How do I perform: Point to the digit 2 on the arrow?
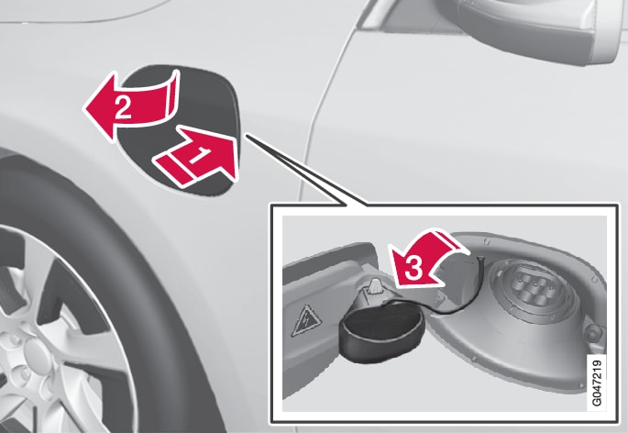click(123, 108)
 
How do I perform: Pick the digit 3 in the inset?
click(413, 268)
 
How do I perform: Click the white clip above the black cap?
click(375, 286)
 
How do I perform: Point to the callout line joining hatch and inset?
click(306, 172)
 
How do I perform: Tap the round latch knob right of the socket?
click(592, 332)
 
